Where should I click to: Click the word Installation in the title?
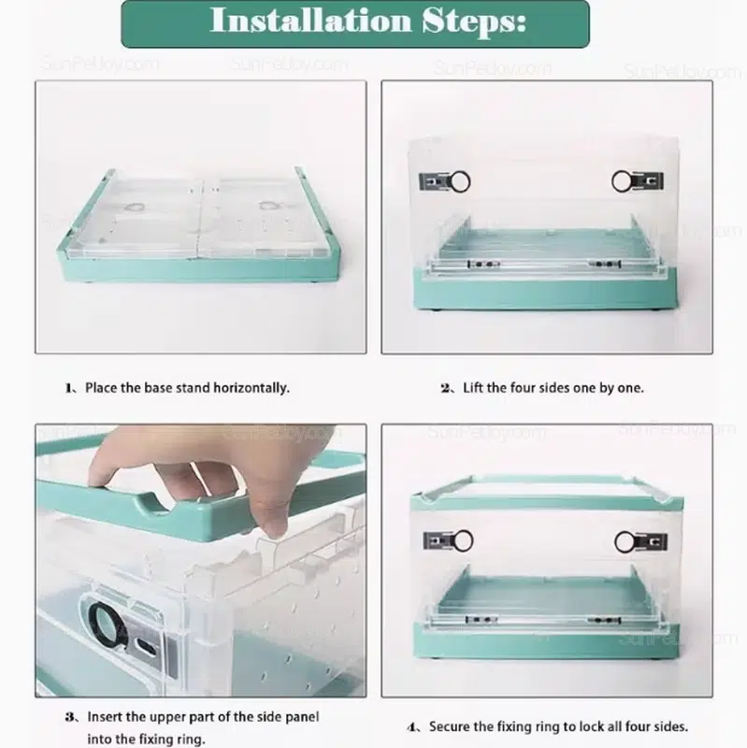(310, 21)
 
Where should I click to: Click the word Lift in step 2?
(473, 388)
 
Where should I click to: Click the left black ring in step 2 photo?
(460, 181)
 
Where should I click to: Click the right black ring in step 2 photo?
(623, 181)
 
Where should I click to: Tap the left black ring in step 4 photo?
(462, 541)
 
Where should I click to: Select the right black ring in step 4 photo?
(625, 542)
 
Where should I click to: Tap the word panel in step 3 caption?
(302, 718)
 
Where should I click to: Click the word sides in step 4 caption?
(671, 726)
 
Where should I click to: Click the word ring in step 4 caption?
(550, 727)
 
